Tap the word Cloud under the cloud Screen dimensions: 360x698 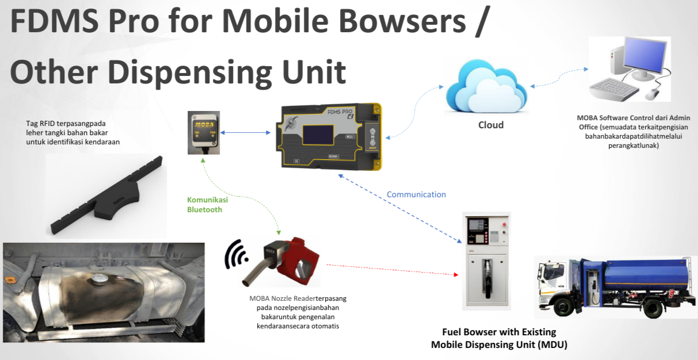tap(491, 125)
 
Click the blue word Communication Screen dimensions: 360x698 tap(416, 194)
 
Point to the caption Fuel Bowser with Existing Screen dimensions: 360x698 tap(498, 332)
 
